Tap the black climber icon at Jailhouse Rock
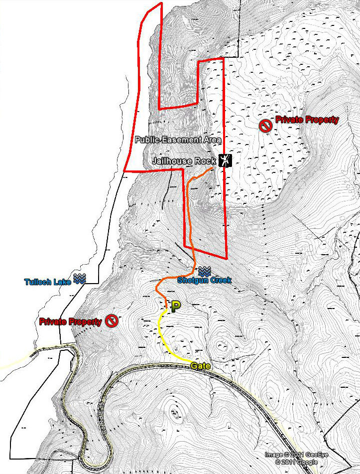226,160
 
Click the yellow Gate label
201,366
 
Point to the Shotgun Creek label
204,280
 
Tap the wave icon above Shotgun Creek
204,272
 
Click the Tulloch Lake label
48,282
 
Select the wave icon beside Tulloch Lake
80,279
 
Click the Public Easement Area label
178,140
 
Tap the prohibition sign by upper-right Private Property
265,124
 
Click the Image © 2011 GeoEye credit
291,455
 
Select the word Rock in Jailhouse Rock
206,161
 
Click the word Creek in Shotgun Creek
219,280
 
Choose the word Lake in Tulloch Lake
62,282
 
